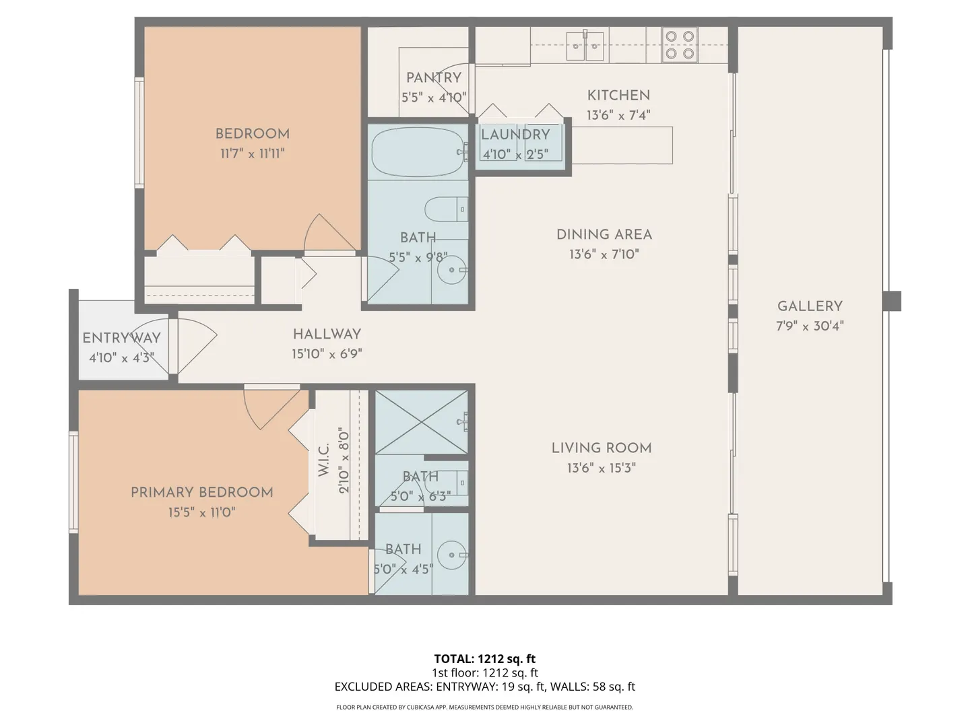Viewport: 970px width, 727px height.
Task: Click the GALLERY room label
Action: tap(810, 306)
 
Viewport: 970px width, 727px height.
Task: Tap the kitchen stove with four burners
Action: tap(680, 44)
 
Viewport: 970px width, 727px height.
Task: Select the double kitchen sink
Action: tap(585, 45)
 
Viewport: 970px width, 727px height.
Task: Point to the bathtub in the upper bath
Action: tap(418, 152)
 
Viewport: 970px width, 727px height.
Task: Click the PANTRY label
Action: tap(434, 77)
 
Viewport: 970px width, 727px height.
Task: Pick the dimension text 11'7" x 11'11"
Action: tap(253, 153)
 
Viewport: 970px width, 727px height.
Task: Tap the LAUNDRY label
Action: tap(515, 135)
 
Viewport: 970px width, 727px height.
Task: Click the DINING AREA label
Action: tap(604, 234)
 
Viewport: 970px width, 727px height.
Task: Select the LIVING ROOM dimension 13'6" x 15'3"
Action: tap(602, 468)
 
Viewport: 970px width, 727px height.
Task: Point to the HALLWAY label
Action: tap(327, 334)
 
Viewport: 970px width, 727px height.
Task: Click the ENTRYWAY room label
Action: tap(121, 338)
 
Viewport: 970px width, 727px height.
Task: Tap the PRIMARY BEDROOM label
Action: tap(202, 492)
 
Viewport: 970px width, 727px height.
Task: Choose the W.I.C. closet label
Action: tap(324, 460)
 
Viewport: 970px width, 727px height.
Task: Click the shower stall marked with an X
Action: tap(421, 422)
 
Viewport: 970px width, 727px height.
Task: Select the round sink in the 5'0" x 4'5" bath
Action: tap(451, 555)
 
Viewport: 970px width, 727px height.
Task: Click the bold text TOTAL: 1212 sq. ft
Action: tap(485, 658)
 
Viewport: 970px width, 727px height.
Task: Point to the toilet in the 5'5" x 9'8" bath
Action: tap(447, 209)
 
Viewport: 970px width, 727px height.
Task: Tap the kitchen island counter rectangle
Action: tap(622, 145)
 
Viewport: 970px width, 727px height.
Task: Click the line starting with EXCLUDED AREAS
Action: tap(485, 687)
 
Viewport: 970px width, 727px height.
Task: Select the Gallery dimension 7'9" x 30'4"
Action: tap(810, 326)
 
